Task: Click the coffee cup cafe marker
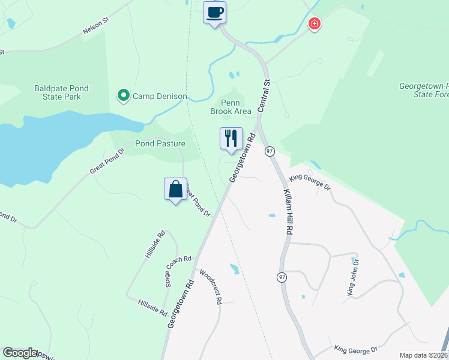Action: (x=215, y=12)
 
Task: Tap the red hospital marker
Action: (x=314, y=24)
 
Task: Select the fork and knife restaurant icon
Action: (x=231, y=139)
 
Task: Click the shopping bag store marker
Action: (x=175, y=189)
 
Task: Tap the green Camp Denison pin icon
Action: (x=123, y=95)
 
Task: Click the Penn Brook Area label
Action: (x=231, y=107)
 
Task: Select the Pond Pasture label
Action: (x=160, y=144)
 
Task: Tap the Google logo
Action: (x=20, y=353)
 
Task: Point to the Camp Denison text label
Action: (x=160, y=96)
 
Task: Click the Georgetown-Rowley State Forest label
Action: (x=424, y=90)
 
